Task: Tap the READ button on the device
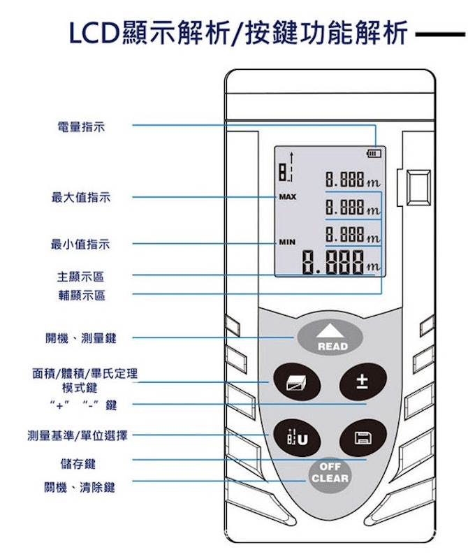pos(330,337)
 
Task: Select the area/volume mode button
pos(297,382)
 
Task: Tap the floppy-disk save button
pos(363,437)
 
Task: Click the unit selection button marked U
pos(297,437)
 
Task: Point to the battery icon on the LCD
pos(374,154)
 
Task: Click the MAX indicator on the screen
pos(288,197)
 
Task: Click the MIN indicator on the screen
pos(287,242)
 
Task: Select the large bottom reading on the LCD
pos(342,263)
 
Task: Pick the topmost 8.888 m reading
pos(353,180)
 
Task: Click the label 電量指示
pos(81,126)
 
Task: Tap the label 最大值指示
pos(81,197)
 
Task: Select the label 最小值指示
pos(80,244)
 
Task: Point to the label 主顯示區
pos(81,276)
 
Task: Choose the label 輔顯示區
pos(82,295)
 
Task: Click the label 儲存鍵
pos(78,464)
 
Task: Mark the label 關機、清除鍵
pos(80,487)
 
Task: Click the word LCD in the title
pos(94,33)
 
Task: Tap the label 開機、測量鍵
pos(81,338)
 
